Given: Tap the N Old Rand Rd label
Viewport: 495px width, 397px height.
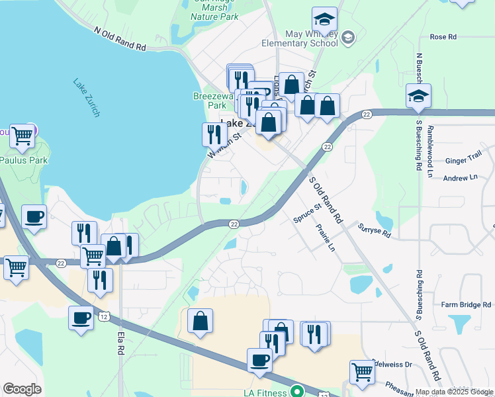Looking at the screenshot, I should [120, 39].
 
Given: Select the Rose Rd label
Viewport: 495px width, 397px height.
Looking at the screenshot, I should [443, 37].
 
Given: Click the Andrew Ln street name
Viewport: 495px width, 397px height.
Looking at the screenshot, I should [459, 178].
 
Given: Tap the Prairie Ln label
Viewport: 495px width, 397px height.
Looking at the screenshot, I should [326, 238].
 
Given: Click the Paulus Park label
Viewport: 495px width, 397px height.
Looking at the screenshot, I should [19, 159].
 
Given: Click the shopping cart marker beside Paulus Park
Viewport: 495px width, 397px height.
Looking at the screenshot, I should [22, 136].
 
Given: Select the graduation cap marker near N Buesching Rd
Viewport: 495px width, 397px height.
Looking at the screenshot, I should [418, 97].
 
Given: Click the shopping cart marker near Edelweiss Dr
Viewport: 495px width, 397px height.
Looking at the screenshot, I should [362, 372].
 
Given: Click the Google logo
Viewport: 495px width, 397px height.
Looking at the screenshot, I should [22, 389].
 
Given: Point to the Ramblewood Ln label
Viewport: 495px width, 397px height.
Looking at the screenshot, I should [430, 149].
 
